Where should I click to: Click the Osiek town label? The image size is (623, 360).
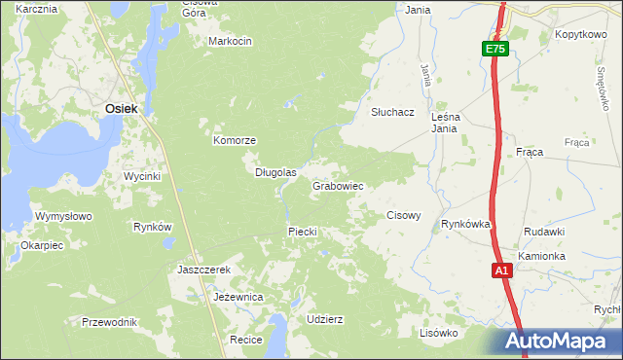coord(121,110)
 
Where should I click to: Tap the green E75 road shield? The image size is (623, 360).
coord(495,49)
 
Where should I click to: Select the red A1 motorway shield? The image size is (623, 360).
coord(501,271)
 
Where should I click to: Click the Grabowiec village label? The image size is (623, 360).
coord(338,186)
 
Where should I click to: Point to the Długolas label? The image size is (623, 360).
coord(275,172)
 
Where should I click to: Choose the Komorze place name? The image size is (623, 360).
coord(235,140)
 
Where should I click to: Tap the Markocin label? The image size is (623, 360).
coord(230,41)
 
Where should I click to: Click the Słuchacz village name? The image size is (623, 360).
coord(393,112)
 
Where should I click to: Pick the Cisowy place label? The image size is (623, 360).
coord(404,215)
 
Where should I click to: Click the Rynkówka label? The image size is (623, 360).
coord(465,224)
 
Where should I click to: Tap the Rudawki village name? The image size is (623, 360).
coord(544,232)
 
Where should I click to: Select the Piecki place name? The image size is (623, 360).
coord(303,232)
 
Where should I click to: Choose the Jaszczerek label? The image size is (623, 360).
coord(203,270)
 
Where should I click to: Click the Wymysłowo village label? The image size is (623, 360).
coord(62,216)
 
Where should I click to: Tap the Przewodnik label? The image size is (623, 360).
coord(110,322)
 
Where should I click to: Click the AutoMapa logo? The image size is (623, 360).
coord(558,342)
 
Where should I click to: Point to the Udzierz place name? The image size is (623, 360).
coord(324,319)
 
